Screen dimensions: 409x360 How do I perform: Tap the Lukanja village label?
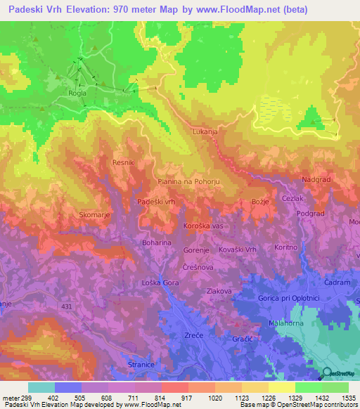coord(205,131)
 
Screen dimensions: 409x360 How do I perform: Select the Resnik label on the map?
coord(124,162)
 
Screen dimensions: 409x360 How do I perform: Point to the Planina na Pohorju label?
coord(188,181)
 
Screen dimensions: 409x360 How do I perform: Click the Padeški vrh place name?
coord(155,202)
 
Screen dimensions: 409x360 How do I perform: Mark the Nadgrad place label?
coord(316,180)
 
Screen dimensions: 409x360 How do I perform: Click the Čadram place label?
coord(338,282)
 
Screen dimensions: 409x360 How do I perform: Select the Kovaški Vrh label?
coord(259,250)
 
